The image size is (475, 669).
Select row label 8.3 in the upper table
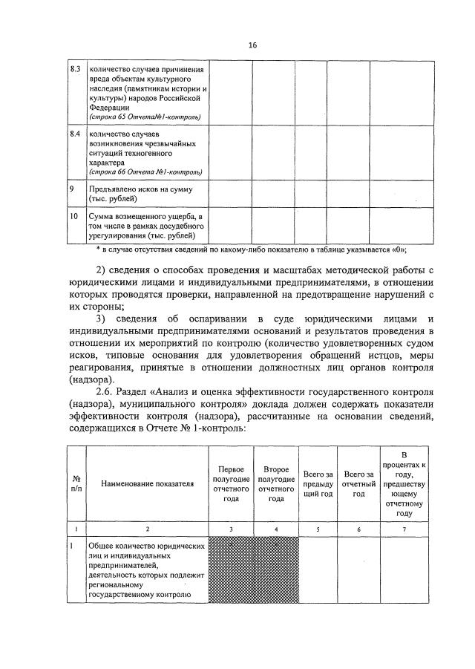pos(74,69)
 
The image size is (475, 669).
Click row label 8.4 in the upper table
pos(74,134)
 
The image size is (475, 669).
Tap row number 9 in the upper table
pos(71,189)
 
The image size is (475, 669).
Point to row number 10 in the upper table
pos(73,216)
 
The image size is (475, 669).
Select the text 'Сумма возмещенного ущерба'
pos(138,217)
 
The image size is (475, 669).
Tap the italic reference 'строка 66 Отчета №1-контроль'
pos(145,172)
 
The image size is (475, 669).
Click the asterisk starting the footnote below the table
pos(98,249)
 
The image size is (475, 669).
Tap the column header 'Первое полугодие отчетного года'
pos(231,483)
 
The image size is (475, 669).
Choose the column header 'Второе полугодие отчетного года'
pos(275,483)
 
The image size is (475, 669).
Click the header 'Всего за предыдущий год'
pos(318,483)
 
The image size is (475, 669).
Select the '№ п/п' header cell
pos(76,483)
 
